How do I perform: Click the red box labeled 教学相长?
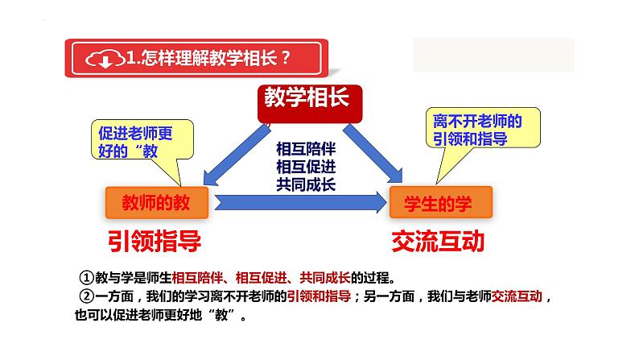pyautogui.click(x=307, y=99)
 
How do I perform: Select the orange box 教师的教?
pyautogui.click(x=156, y=202)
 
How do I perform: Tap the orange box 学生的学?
pyautogui.click(x=439, y=203)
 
